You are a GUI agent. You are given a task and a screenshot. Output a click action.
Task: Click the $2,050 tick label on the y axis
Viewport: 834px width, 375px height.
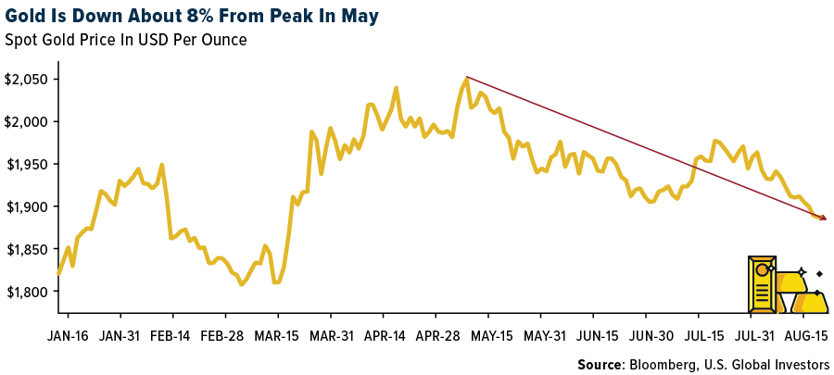click(26, 79)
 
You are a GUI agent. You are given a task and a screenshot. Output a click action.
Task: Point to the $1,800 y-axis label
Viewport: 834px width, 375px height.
click(26, 291)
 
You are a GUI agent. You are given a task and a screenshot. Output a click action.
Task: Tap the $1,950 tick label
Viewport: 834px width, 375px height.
click(26, 164)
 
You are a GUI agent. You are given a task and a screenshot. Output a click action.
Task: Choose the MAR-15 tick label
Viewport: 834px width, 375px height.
click(277, 334)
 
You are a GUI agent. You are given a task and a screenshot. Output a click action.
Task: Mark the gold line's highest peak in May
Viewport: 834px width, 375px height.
click(466, 79)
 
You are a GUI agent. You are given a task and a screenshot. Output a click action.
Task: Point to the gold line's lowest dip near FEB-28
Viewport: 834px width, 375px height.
click(242, 283)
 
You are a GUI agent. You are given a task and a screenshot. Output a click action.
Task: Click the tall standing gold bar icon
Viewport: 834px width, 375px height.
click(763, 284)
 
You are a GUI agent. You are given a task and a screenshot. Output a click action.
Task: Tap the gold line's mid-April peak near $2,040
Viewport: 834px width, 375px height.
click(397, 89)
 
